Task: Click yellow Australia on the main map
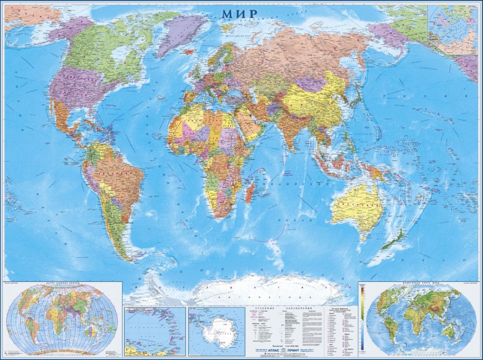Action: pos(356,205)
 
